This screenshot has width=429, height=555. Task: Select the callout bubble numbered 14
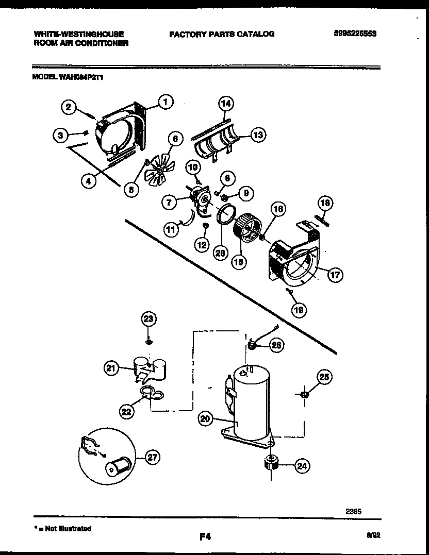pyautogui.click(x=225, y=104)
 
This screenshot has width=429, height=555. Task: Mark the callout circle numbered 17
pyautogui.click(x=335, y=275)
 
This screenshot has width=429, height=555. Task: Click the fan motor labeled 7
pyautogui.click(x=199, y=201)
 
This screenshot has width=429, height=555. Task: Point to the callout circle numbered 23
pyautogui.click(x=148, y=319)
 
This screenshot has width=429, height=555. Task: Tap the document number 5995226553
pyautogui.click(x=355, y=34)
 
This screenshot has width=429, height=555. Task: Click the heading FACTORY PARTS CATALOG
pyautogui.click(x=222, y=34)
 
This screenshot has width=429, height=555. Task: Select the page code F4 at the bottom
pyautogui.click(x=205, y=537)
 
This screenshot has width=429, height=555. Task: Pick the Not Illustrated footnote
pyautogui.click(x=62, y=529)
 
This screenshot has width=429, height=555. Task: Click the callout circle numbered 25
pyautogui.click(x=323, y=378)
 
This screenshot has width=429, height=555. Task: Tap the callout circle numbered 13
pyautogui.click(x=257, y=135)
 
